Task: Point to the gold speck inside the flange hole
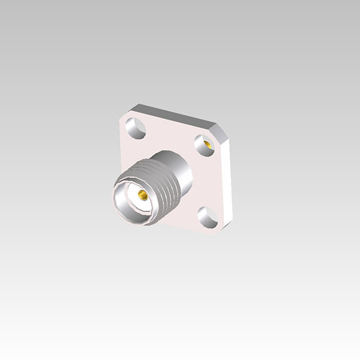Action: (x=208, y=145)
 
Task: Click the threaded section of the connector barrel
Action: (x=161, y=180)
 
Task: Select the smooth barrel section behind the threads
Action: (x=184, y=171)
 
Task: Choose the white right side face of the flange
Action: (x=227, y=186)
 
